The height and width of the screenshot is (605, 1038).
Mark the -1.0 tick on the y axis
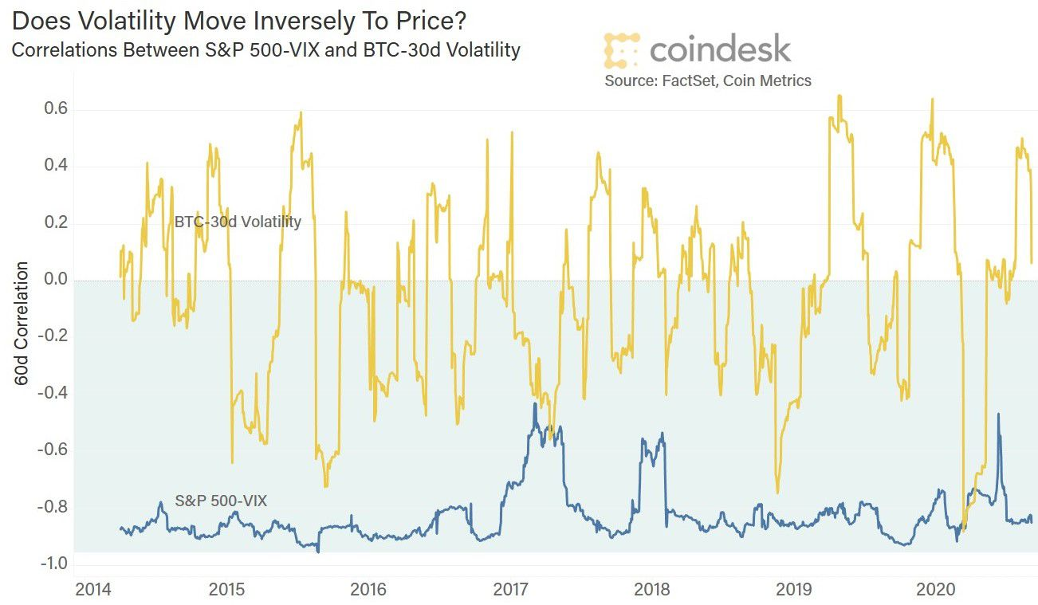[x=49, y=564]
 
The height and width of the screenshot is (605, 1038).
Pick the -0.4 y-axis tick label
[x=49, y=393]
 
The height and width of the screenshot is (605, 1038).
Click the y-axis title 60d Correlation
[x=22, y=323]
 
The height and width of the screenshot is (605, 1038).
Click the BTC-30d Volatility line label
[x=238, y=222]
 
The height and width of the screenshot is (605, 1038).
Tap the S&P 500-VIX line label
[x=221, y=501]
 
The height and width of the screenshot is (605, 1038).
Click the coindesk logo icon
[x=622, y=49]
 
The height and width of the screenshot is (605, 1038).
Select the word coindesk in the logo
[x=720, y=49]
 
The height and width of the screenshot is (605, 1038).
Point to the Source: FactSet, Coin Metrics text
[x=707, y=81]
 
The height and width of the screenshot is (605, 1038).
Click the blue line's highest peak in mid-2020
[x=998, y=414]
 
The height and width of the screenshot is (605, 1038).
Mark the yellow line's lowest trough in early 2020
[x=964, y=529]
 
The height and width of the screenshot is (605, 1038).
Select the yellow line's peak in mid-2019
[x=839, y=96]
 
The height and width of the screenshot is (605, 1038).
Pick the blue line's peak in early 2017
[x=534, y=404]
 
